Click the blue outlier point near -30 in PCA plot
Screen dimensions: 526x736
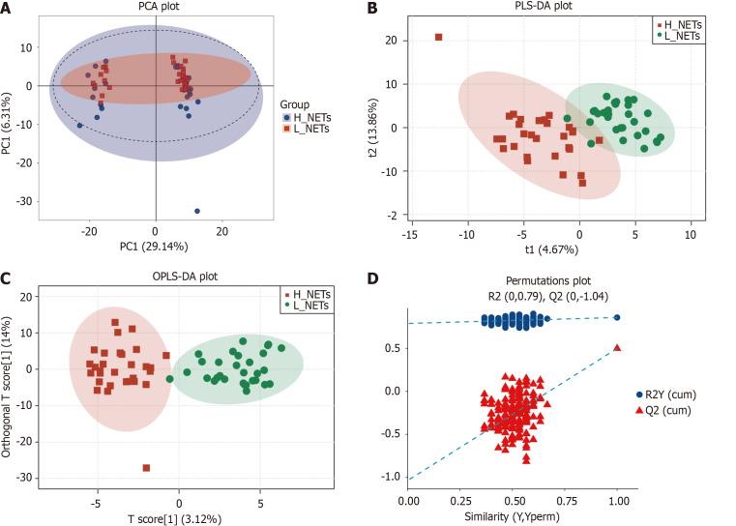(x=197, y=211)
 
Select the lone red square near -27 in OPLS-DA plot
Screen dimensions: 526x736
(x=147, y=468)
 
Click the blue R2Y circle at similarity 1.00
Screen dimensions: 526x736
(x=617, y=317)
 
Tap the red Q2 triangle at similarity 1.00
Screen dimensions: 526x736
(x=617, y=347)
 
